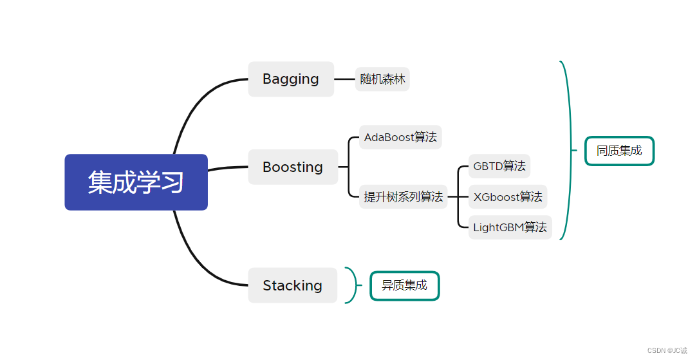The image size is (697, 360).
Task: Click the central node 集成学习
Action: click(136, 182)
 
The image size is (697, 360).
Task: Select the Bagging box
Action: click(291, 79)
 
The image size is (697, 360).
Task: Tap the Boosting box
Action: click(293, 167)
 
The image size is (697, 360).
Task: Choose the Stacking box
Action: click(292, 285)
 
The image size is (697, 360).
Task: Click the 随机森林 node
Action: click(382, 79)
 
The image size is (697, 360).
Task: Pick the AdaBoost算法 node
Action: click(400, 137)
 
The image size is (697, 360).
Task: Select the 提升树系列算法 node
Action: click(404, 196)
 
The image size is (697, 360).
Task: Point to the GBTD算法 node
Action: click(499, 166)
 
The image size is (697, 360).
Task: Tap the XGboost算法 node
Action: click(508, 196)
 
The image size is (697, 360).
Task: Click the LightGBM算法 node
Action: click(510, 227)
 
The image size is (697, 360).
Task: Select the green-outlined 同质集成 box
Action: click(619, 151)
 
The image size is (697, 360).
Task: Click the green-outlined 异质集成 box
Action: click(404, 285)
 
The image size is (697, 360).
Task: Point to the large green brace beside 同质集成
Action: click(566, 150)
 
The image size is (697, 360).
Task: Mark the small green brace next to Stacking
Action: click(353, 285)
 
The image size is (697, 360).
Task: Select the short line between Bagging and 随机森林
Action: click(344, 79)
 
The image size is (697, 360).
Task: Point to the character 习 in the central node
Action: click(172, 182)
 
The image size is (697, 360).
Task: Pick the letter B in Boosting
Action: click(267, 167)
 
